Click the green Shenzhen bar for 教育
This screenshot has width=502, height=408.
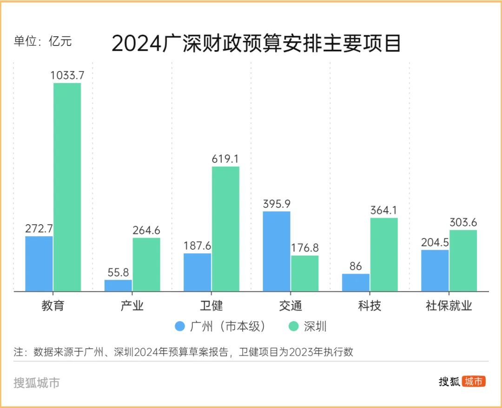point(67,187)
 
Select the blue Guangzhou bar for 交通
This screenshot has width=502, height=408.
point(277,251)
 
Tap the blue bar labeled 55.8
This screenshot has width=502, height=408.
point(118,285)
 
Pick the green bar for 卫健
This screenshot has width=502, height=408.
point(225,229)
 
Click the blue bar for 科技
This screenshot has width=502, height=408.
point(356,282)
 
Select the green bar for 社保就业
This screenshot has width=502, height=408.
point(463,260)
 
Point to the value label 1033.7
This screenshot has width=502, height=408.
point(67,75)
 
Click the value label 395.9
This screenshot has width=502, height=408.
point(277,203)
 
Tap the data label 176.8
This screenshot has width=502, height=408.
point(305,247)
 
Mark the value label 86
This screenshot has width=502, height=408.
point(356,266)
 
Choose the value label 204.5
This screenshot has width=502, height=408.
point(435,242)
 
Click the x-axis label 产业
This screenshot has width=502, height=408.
point(132,306)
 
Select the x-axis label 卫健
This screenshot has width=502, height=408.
point(211,306)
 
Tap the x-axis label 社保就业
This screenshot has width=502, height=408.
point(449,306)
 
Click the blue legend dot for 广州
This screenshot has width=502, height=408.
point(180,326)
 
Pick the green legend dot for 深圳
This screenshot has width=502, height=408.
point(293,326)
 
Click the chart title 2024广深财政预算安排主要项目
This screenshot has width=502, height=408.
point(256,44)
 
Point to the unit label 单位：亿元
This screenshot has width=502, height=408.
point(43,41)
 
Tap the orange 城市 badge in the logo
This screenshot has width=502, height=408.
point(474,382)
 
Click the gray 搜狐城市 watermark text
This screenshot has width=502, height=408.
point(37,383)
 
